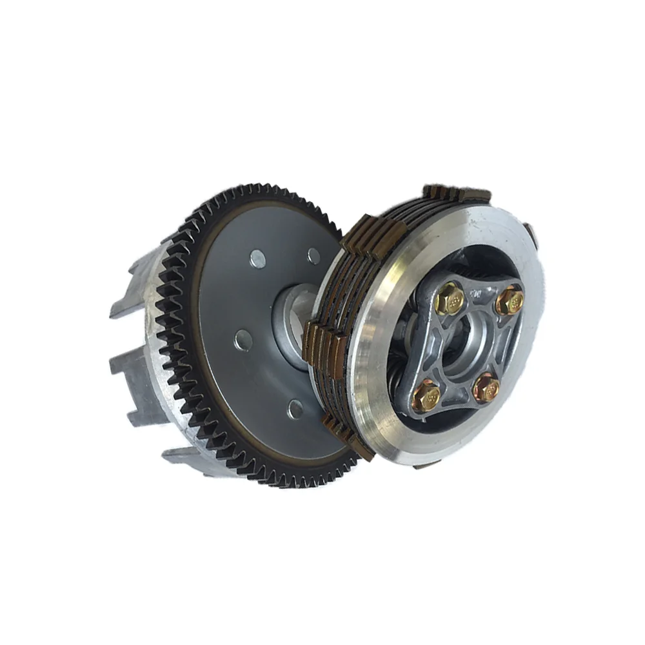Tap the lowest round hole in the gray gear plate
pyautogui.click(x=294, y=406)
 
